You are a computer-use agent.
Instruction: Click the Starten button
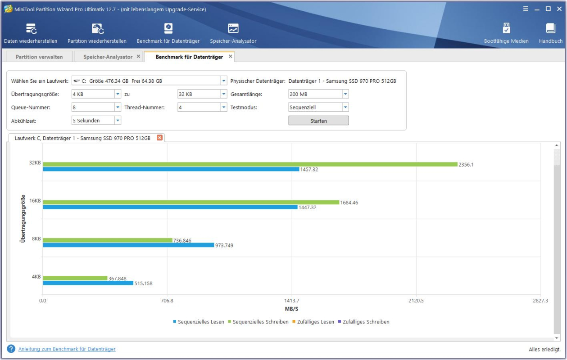318,121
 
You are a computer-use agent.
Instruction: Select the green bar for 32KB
250,164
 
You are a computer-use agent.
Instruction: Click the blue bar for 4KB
88,283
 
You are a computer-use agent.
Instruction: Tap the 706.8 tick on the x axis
167,301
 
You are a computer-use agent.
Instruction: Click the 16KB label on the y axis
35,201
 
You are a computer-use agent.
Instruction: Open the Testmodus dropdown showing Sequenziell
318,108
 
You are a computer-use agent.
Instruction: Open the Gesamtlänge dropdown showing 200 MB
318,94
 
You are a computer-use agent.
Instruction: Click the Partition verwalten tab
39,57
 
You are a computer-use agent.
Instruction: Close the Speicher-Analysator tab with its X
138,57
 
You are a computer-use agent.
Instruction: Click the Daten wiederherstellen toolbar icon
31,29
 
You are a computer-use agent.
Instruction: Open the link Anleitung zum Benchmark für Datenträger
67,349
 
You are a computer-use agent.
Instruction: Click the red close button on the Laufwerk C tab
159,138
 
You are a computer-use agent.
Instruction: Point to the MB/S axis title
291,309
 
